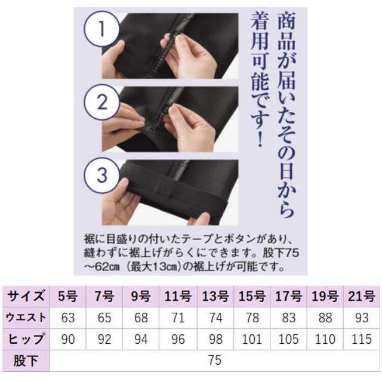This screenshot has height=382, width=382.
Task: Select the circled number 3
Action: [103, 174]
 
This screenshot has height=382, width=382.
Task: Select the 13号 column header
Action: [214, 295]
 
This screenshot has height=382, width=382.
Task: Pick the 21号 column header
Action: [361, 295]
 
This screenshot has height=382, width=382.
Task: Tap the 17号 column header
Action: [287, 295]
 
